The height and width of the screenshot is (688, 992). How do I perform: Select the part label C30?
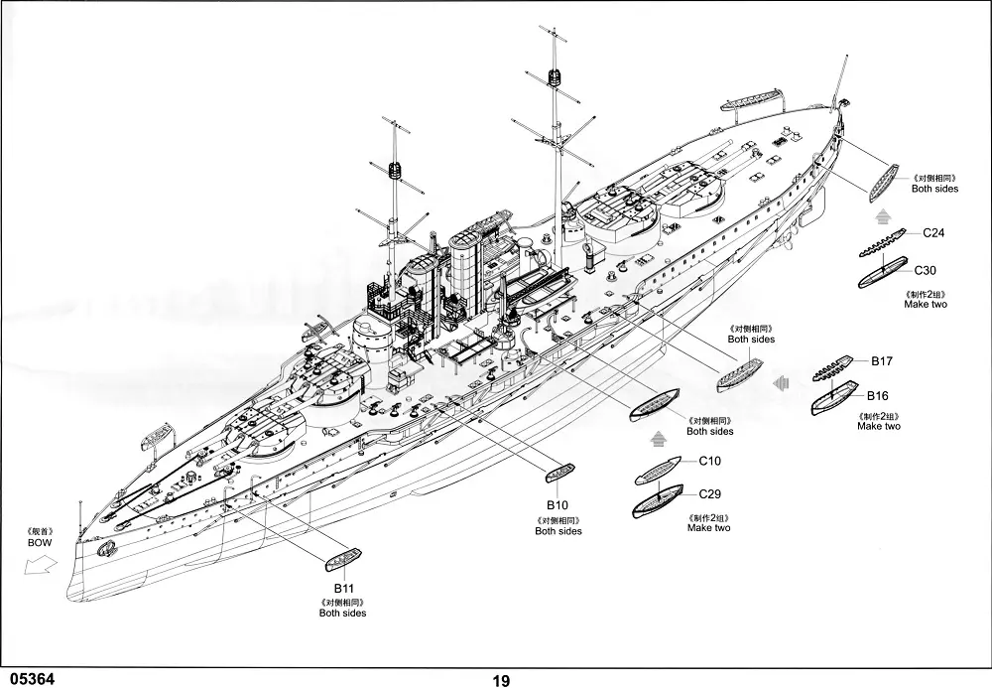tap(926, 270)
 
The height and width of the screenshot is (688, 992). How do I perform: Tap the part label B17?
tap(883, 361)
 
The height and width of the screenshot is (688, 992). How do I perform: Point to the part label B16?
tap(878, 396)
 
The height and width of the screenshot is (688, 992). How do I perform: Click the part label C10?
tap(709, 461)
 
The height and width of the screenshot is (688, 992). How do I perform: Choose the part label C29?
tap(709, 494)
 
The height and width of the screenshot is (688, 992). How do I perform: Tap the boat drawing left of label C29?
tap(660, 496)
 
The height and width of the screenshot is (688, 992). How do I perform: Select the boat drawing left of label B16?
tap(834, 397)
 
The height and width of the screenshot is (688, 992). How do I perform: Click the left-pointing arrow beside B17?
tap(782, 382)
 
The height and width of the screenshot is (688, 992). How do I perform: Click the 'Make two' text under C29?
tap(708, 528)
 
